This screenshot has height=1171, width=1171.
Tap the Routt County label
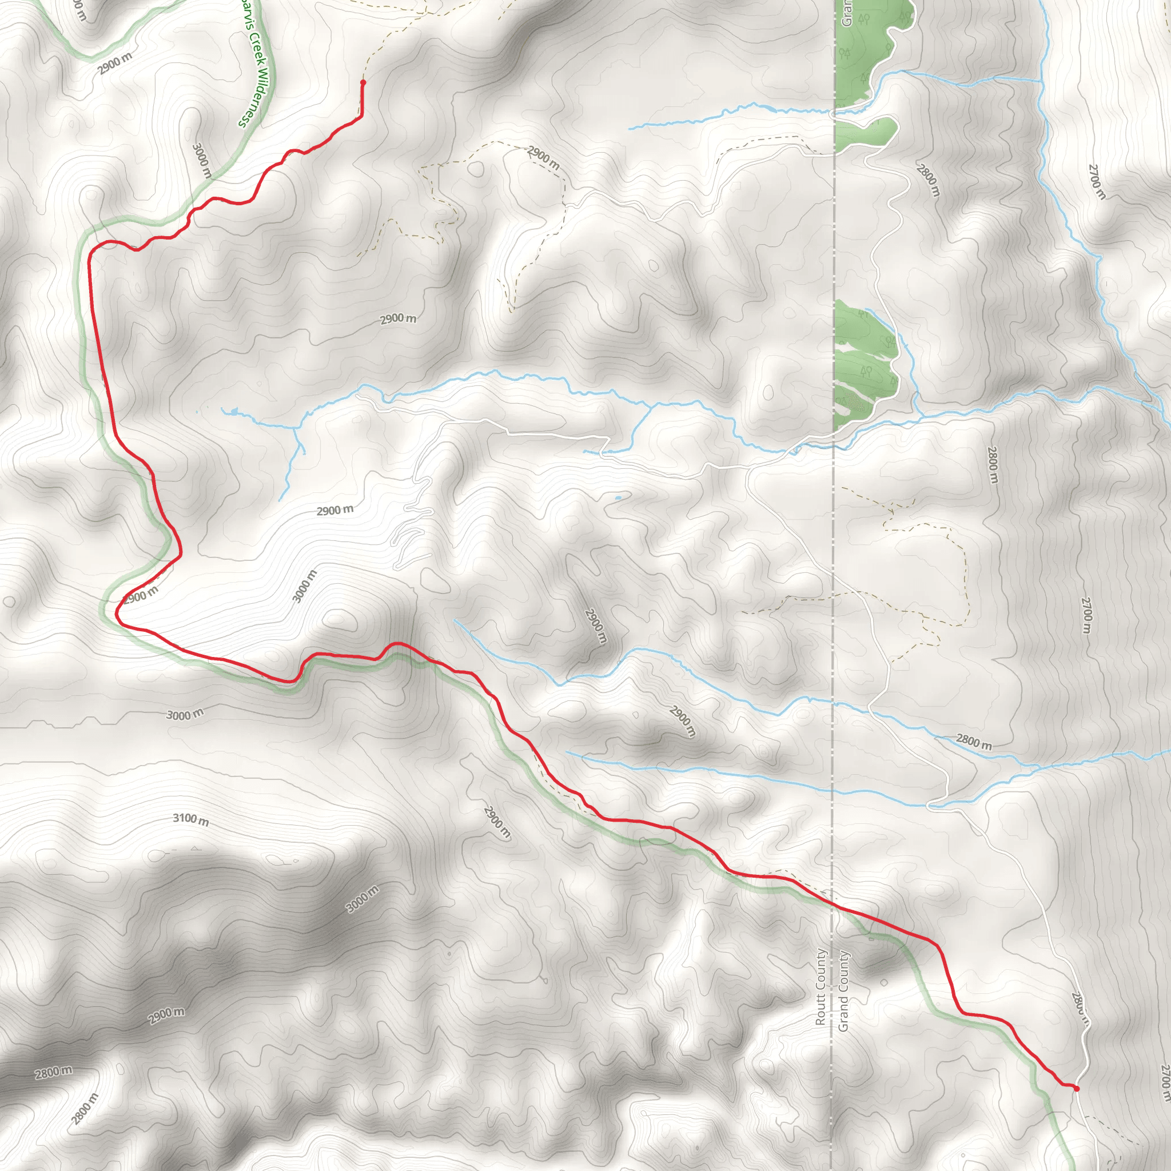coord(821,987)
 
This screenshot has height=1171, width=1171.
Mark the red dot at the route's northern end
coord(363,82)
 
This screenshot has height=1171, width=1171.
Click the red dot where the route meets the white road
coord(1077,1088)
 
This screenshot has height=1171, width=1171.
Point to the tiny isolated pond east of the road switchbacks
coord(618,498)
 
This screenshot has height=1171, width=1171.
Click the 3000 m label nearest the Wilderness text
coord(202,160)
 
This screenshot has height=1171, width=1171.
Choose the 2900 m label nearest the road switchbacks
coord(334,511)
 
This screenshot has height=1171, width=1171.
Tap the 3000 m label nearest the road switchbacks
coord(304,586)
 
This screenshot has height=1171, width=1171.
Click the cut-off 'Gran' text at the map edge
coord(847,13)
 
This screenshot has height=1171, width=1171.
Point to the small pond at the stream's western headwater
coord(229,412)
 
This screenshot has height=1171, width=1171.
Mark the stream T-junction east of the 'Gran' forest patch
coord(1041,80)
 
